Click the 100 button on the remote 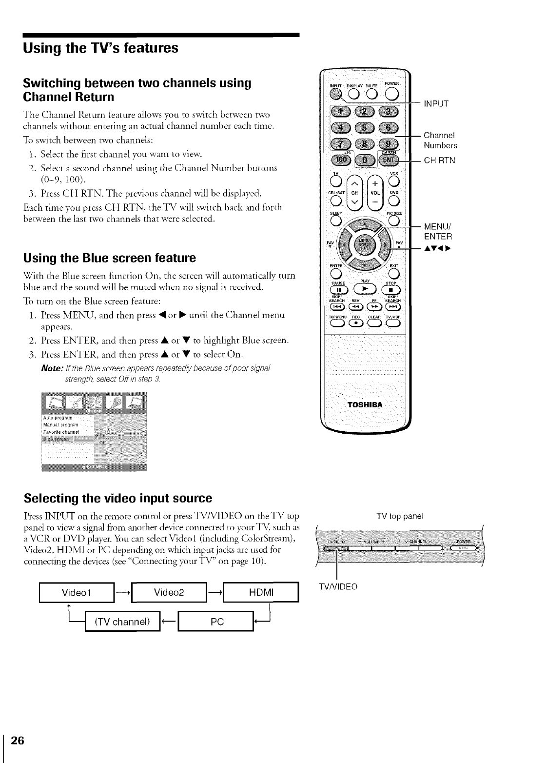(x=339, y=161)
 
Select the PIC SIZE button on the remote (x=393, y=221)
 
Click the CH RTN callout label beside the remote (x=439, y=160)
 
